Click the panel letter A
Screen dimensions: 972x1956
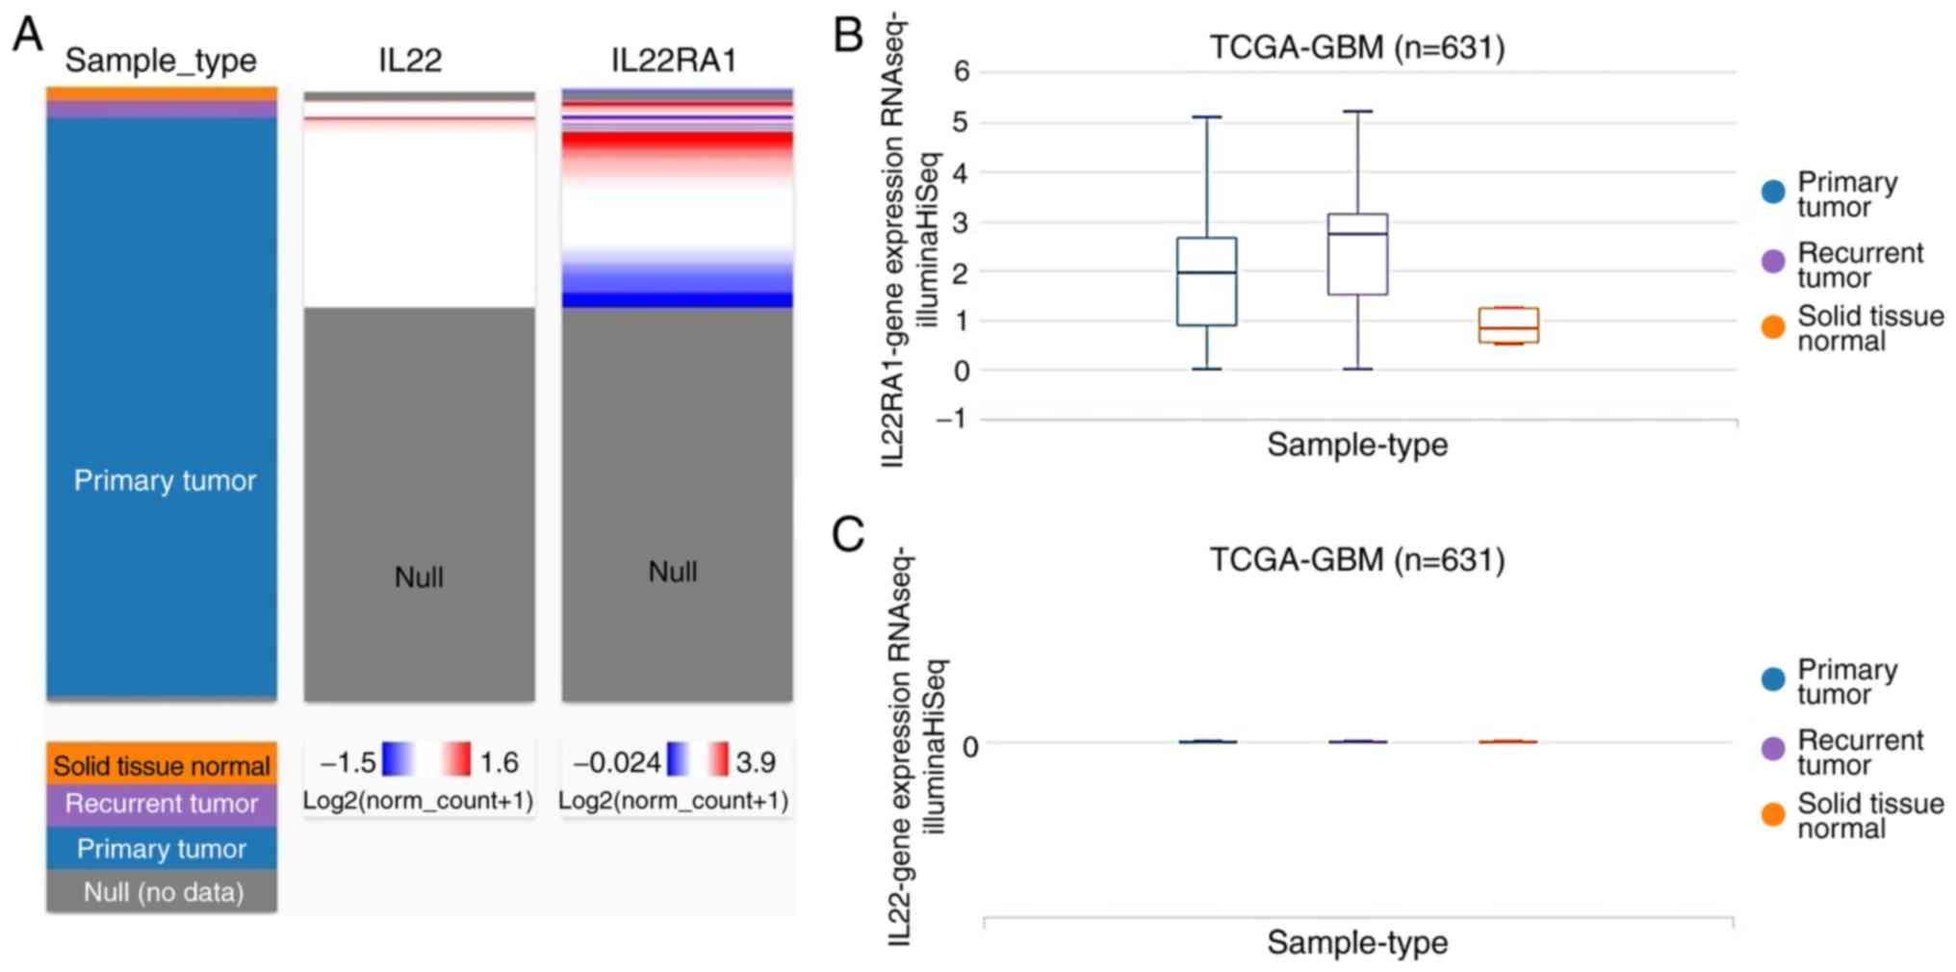pos(28,35)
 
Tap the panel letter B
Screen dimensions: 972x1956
pos(848,35)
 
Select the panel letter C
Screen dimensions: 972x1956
pos(848,535)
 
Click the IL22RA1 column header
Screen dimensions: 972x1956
pos(674,61)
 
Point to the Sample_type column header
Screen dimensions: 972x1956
pos(161,61)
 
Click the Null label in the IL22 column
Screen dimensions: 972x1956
pos(419,577)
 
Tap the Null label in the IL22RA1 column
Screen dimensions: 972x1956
pos(673,573)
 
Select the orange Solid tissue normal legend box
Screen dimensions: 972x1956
pos(162,765)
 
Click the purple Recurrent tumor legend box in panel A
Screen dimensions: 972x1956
pos(162,804)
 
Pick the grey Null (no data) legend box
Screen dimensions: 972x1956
pos(162,892)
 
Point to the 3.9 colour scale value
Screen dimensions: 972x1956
pos(756,762)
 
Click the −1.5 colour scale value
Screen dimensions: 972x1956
pos(348,762)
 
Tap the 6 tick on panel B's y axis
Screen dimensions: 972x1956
pos(961,72)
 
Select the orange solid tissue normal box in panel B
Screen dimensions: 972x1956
pos(1508,325)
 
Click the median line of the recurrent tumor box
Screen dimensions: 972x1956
pos(1357,234)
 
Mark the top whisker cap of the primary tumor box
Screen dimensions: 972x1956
pos(1206,117)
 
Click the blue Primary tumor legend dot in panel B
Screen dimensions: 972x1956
pos(1773,192)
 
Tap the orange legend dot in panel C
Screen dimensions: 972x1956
pos(1773,815)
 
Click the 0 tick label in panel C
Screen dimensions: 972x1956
pos(969,746)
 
